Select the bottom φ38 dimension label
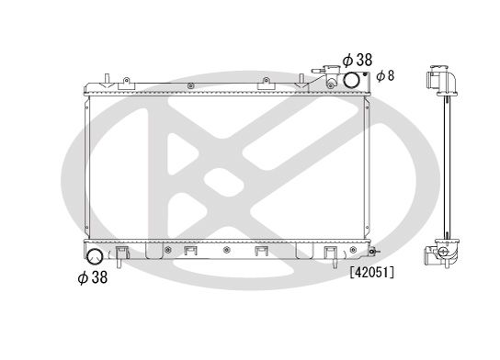(x=92, y=276)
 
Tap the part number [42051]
(x=371, y=272)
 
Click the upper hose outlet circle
(x=354, y=80)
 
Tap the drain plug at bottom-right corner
(x=371, y=250)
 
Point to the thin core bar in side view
(x=445, y=165)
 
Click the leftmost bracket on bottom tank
(x=190, y=253)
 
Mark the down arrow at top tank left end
(x=108, y=85)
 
